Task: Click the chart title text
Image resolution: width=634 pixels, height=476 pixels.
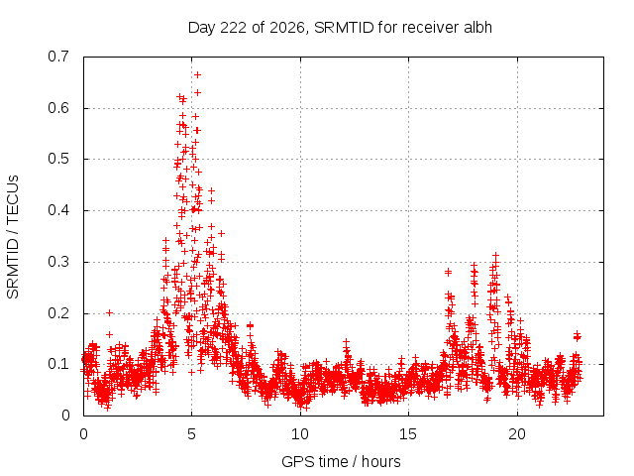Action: point(340,28)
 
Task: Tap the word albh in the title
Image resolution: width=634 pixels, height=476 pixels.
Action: point(477,27)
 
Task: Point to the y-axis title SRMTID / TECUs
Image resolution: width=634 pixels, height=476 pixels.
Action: point(13,237)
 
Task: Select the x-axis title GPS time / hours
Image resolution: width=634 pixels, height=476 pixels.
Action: point(341,461)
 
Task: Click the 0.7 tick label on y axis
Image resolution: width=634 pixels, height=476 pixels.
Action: point(58,57)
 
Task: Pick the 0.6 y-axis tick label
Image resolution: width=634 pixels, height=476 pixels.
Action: point(58,108)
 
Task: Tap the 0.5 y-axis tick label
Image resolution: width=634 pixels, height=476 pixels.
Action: point(58,159)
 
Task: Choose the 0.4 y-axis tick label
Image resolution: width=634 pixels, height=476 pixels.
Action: point(58,210)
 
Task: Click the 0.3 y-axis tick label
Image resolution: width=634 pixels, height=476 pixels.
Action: point(58,262)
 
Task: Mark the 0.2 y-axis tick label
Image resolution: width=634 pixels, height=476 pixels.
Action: point(58,313)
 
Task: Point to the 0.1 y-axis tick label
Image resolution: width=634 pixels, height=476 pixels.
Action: point(58,364)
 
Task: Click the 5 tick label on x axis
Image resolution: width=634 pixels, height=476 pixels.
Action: point(191,434)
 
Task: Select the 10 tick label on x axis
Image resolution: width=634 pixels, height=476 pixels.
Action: point(300,434)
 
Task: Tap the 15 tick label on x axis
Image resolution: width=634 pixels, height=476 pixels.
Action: point(408,434)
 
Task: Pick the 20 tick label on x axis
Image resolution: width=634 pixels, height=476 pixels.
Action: point(517,434)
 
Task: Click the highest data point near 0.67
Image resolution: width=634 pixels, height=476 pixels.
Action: point(197,75)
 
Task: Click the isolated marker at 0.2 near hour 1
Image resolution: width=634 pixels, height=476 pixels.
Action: point(109,312)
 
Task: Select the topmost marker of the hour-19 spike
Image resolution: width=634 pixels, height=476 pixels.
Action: point(495,256)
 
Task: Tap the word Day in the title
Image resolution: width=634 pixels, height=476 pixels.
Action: point(201,28)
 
